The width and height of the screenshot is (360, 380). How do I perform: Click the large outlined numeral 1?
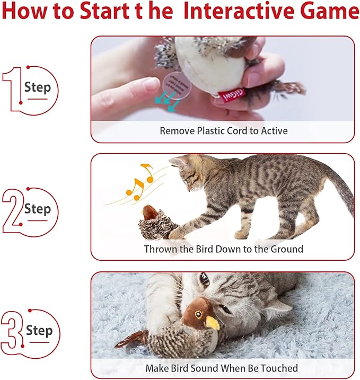pos(12,89)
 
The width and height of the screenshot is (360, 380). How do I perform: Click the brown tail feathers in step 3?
pos(133,339)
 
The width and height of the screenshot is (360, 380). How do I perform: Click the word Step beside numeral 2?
pos(38,209)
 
